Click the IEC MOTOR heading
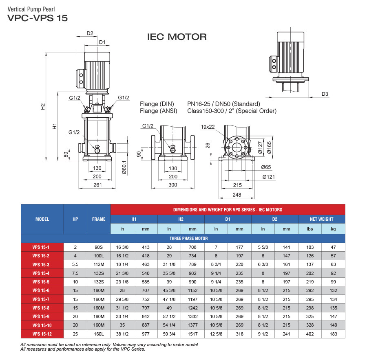point(177,37)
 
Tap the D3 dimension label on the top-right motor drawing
point(325,94)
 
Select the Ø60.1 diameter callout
point(124,167)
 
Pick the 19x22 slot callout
point(208,127)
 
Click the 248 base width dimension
point(237,195)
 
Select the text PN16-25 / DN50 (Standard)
point(223,104)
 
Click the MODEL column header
point(42,219)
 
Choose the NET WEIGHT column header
point(321,219)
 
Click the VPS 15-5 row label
point(42,282)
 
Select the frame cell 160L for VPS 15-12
point(99,334)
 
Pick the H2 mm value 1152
point(192,290)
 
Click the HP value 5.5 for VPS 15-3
point(75,264)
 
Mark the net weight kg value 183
point(333,334)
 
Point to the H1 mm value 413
point(146,247)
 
